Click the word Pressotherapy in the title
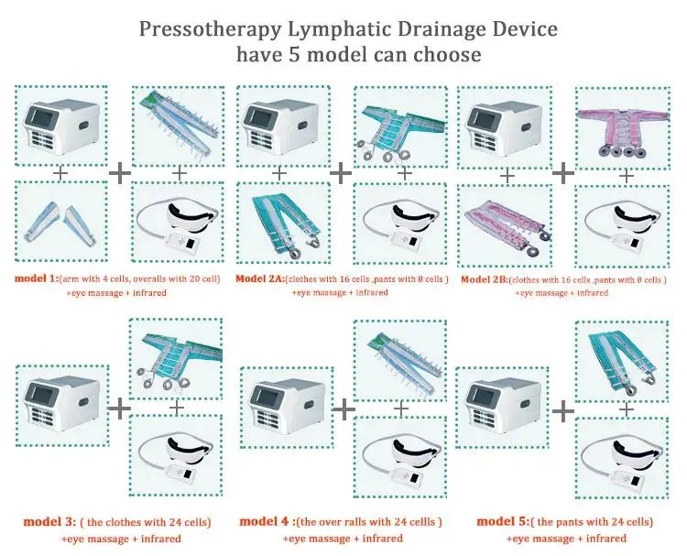(210, 29)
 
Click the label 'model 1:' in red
(37, 278)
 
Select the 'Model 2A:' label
(260, 278)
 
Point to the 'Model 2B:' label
(485, 279)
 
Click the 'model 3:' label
(50, 521)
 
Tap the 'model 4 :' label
(267, 521)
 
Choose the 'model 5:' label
(503, 521)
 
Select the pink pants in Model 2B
(507, 226)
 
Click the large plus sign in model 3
(120, 409)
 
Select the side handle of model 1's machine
(84, 125)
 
